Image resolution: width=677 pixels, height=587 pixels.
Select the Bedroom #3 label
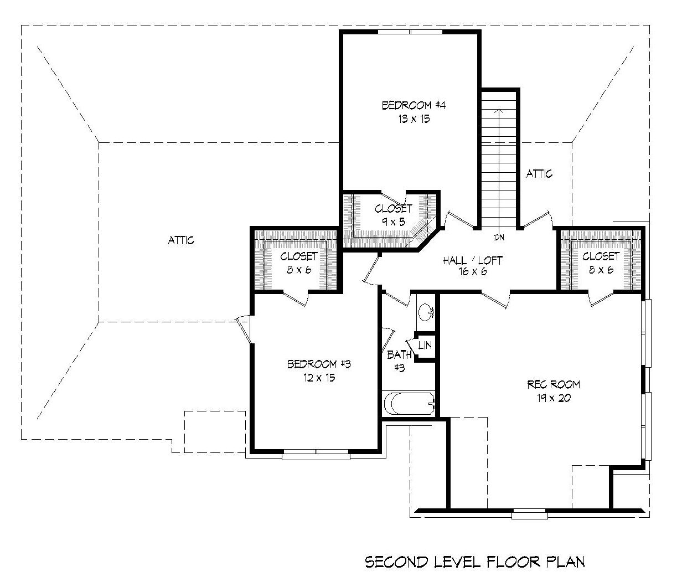(x=319, y=364)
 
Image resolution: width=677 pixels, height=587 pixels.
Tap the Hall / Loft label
(x=472, y=260)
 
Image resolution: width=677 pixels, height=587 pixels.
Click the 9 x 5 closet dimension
(x=394, y=222)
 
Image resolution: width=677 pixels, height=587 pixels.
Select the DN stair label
(x=500, y=238)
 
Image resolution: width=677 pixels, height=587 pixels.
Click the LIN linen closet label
(x=425, y=345)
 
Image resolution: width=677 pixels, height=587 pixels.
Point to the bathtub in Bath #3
(x=409, y=404)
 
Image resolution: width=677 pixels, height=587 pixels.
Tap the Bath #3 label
(x=399, y=361)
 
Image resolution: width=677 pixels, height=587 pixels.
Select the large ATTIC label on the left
(x=181, y=240)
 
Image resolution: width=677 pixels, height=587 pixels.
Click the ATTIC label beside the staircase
(x=539, y=174)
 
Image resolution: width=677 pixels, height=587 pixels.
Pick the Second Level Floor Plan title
(x=474, y=562)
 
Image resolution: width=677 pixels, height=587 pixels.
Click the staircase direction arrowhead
(x=500, y=111)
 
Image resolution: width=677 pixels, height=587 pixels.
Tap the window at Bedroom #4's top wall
(x=410, y=32)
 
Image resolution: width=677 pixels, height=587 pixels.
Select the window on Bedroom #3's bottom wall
(x=316, y=456)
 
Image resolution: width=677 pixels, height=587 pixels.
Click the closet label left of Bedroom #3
(x=299, y=262)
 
